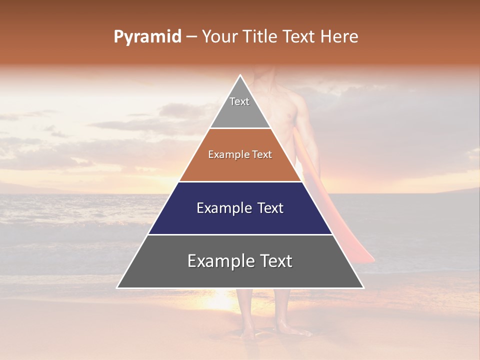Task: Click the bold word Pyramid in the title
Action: click(x=147, y=37)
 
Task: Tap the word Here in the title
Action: click(x=340, y=37)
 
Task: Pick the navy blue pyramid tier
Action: click(x=240, y=220)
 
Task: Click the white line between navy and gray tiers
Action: click(x=240, y=234)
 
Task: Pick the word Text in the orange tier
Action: click(x=262, y=154)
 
